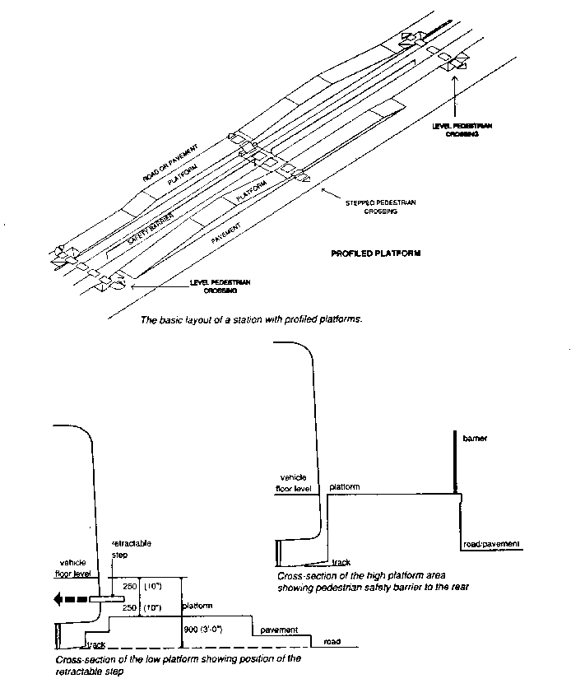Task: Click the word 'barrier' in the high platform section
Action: point(476,439)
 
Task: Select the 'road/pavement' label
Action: point(491,545)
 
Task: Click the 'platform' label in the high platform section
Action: point(345,487)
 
